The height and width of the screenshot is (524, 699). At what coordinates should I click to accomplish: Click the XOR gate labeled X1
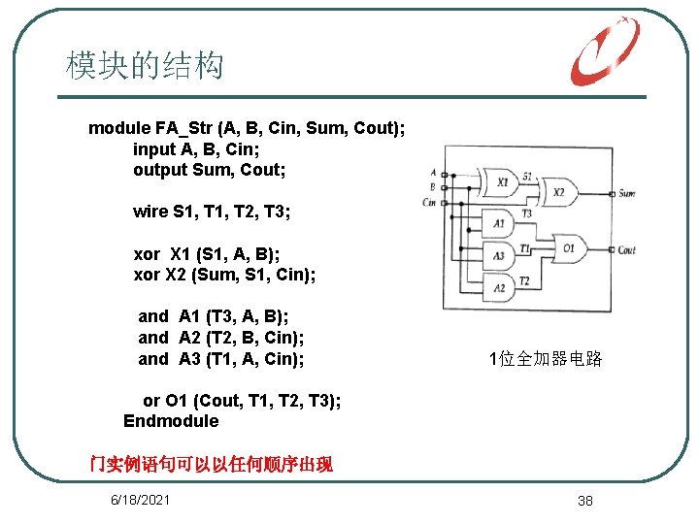[501, 181]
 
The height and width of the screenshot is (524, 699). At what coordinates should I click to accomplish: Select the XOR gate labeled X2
[558, 192]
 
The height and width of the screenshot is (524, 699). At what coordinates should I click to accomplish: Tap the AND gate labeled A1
[498, 225]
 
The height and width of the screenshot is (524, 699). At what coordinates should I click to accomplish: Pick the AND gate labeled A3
[498, 256]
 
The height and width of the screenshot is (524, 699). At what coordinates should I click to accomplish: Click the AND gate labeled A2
[498, 287]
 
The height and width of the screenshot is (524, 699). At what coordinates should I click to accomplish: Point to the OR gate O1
[569, 249]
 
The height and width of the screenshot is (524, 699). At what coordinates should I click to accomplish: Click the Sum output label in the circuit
[627, 193]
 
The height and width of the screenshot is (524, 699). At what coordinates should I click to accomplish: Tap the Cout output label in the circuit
[627, 250]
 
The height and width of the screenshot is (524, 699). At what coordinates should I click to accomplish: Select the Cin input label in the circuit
[428, 202]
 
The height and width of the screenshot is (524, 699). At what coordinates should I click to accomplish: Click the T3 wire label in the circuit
[526, 213]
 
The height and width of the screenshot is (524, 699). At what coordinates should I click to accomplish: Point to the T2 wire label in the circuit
[524, 280]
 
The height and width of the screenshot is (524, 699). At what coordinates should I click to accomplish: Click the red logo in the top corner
[604, 51]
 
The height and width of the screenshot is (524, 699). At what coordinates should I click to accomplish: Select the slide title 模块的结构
[145, 66]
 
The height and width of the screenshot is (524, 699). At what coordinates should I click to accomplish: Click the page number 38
[584, 501]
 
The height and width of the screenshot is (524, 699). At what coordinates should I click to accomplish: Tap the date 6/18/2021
[141, 500]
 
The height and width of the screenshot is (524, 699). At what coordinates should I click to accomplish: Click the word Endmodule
[171, 421]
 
